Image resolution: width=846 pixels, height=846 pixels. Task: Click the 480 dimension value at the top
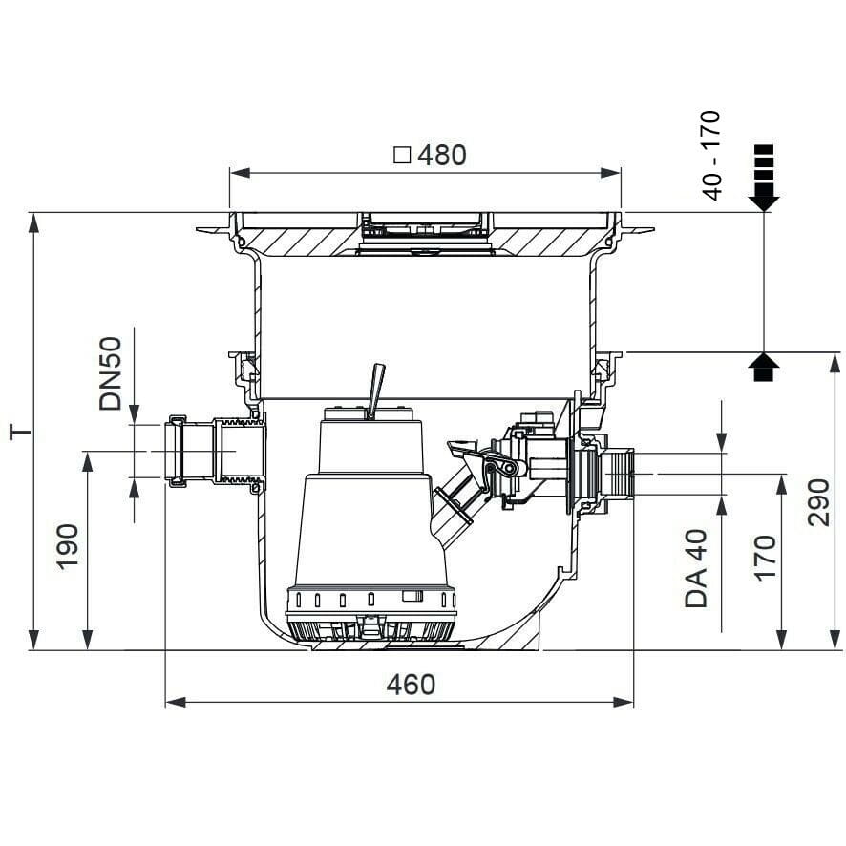click(442, 156)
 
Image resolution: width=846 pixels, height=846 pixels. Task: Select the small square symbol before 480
click(403, 156)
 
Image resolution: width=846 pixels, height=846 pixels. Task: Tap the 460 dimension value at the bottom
click(411, 685)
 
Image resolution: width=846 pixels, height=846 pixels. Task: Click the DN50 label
click(111, 373)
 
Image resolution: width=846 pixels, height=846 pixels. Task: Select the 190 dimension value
click(69, 546)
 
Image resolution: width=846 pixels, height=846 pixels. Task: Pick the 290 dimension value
click(818, 502)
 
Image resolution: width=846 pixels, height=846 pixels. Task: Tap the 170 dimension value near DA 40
click(766, 558)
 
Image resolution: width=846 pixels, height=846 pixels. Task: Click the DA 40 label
click(696, 569)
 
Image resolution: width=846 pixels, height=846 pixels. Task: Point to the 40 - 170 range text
click(712, 156)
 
